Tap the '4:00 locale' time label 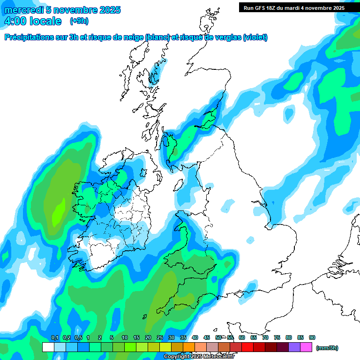33,22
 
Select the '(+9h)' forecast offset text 79,21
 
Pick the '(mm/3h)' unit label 327,348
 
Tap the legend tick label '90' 312,338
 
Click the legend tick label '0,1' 54,338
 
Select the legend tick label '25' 160,338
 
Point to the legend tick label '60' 242,338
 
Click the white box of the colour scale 48,347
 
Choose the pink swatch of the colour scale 306,347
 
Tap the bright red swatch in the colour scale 247,347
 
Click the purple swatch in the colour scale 294,347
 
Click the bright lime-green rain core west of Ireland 58,213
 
